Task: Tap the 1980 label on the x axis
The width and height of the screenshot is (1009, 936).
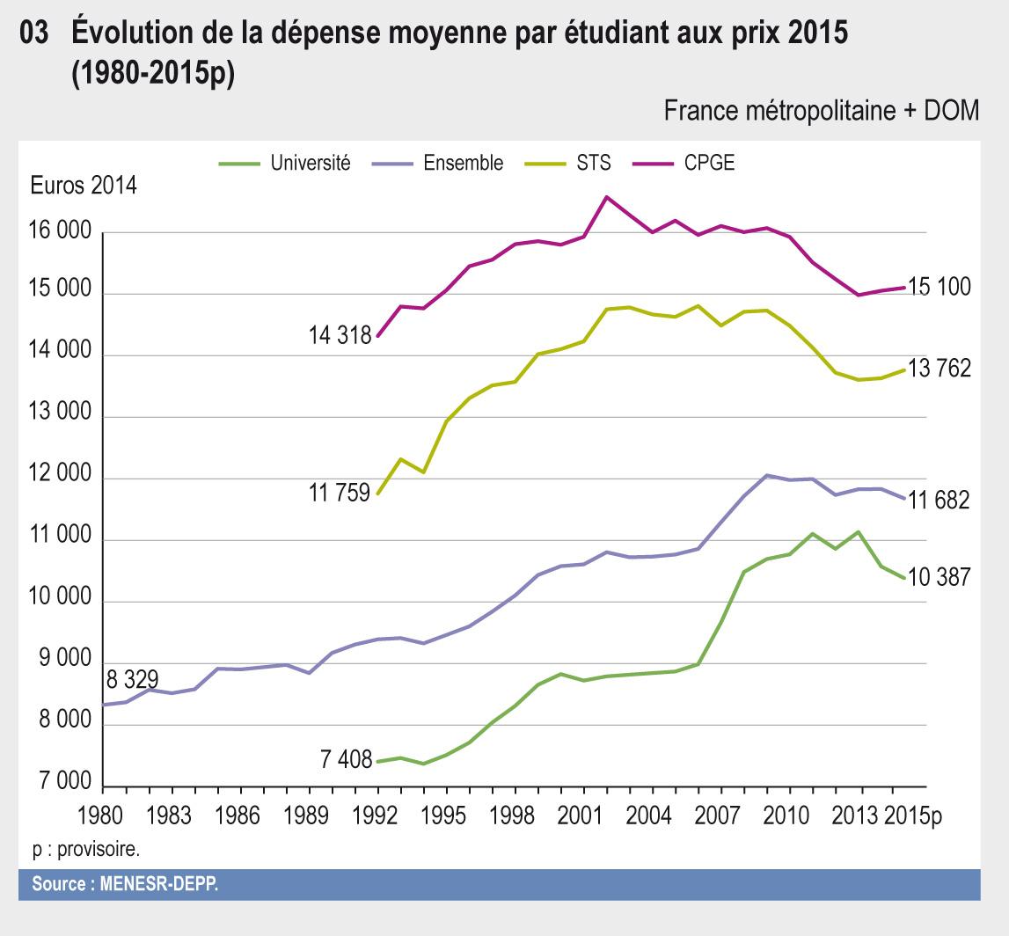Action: pos(102,815)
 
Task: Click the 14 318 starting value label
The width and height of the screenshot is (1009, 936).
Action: pos(340,335)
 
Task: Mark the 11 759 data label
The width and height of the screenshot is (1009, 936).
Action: pos(340,493)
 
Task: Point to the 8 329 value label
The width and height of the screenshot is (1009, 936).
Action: pos(132,680)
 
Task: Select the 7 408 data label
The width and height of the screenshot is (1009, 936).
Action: pos(346,759)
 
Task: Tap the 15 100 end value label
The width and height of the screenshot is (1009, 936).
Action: pos(940,287)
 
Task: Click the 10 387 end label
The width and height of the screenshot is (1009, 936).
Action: pos(940,578)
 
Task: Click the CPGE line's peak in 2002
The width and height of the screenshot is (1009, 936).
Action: pos(606,197)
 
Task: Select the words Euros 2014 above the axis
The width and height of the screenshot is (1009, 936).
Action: pos(83,186)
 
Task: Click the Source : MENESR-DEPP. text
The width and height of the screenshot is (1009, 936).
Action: pos(125,884)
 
